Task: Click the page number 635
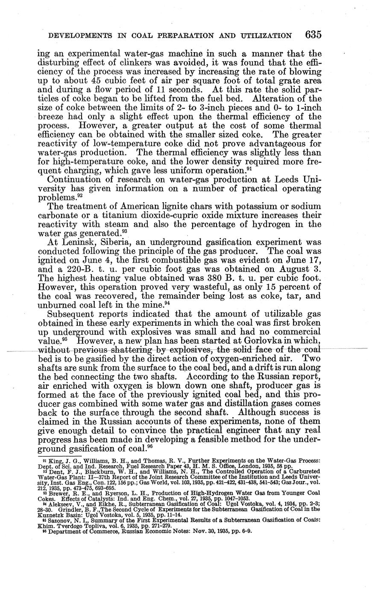313,35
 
